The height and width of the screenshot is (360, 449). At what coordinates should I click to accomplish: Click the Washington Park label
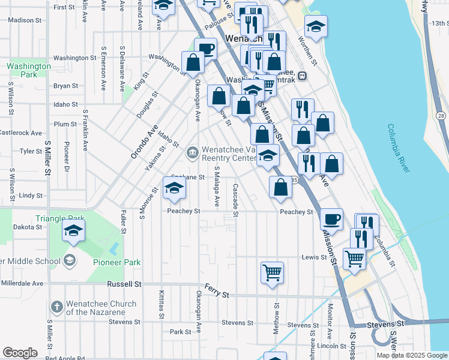click(x=28, y=70)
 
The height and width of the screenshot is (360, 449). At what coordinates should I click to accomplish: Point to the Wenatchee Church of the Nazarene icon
click(x=57, y=307)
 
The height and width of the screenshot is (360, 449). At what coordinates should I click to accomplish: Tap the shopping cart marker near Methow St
click(x=272, y=272)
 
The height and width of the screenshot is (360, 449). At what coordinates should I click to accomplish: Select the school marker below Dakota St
click(x=73, y=230)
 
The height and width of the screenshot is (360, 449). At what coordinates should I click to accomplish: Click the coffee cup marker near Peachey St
click(x=331, y=218)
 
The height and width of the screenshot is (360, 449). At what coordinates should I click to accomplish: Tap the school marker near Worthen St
click(x=316, y=26)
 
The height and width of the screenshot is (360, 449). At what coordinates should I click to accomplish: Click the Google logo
click(x=20, y=353)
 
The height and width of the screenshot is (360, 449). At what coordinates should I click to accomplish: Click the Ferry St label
click(x=217, y=291)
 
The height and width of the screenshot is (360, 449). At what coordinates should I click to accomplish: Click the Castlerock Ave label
click(x=20, y=133)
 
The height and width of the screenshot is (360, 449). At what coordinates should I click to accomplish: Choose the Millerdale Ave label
click(x=22, y=283)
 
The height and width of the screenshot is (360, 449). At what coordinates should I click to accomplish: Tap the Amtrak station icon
click(x=302, y=76)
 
